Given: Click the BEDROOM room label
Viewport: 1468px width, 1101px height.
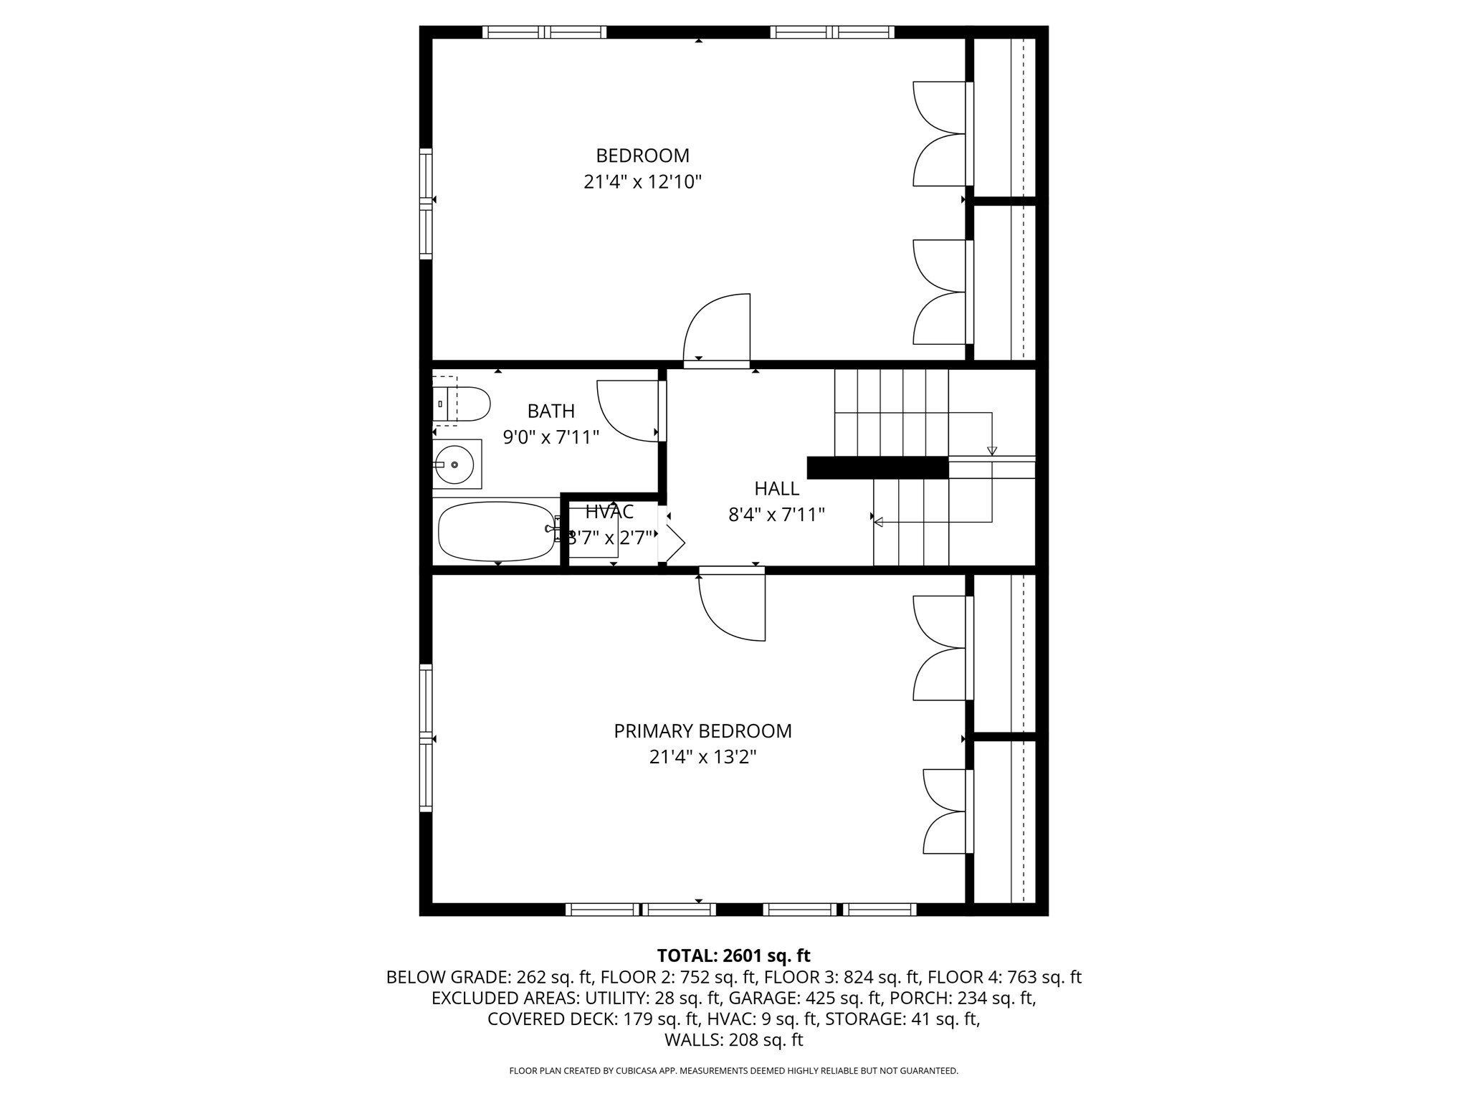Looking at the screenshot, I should [x=642, y=156].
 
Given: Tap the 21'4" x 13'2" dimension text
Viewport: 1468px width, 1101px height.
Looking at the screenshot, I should [x=702, y=757].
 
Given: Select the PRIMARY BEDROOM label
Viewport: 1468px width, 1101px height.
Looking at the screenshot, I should [x=702, y=731].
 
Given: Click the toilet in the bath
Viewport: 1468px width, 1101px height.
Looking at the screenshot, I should [x=462, y=404].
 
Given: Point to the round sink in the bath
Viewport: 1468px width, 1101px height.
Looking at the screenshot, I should [x=454, y=464].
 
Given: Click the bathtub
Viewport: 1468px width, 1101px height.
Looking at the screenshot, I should [x=495, y=531].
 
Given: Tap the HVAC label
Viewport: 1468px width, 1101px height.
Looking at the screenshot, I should [x=609, y=512].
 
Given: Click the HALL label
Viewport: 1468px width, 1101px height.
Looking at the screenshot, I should [x=776, y=489].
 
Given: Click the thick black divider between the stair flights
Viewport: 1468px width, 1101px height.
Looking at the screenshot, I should [x=877, y=467].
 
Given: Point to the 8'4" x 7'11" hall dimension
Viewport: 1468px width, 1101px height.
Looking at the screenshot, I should [x=776, y=515].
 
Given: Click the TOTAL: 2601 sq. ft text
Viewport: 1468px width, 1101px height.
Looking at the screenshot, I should [x=733, y=955].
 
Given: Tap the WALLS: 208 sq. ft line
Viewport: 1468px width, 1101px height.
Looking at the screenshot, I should [x=733, y=1040].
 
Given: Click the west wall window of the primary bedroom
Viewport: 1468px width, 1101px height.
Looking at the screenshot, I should [x=426, y=738].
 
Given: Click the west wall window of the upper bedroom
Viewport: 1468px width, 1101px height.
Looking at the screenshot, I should [x=426, y=204].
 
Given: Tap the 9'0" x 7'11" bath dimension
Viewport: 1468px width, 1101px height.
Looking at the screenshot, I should [x=550, y=437].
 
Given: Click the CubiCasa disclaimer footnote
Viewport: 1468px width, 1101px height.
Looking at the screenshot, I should [x=733, y=1071].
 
